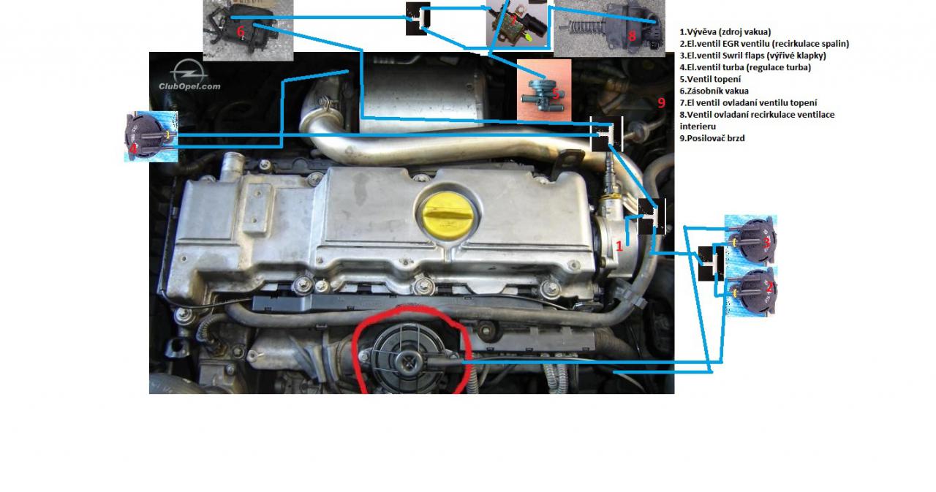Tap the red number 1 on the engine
pos(619,246)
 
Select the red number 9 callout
pos(661,102)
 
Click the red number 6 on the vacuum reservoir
pos(241,31)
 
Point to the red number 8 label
pos(632,36)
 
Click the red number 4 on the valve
pos(133,148)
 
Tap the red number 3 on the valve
pos(766,243)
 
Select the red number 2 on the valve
pos(769,287)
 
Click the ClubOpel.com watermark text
pos(189,86)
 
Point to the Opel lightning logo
pos(189,71)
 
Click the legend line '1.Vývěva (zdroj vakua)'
pos(725,31)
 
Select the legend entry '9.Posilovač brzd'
pos(712,138)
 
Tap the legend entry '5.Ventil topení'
pos(710,79)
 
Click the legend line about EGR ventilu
pos(764,43)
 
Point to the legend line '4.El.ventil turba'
pos(745,67)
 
